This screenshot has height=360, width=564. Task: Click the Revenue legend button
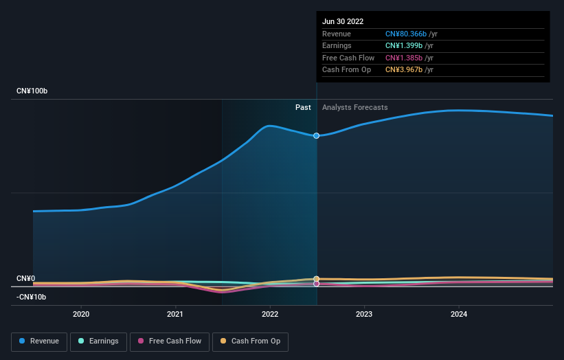(x=39, y=341)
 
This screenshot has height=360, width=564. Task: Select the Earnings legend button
(x=98, y=341)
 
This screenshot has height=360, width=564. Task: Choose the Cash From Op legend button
(x=251, y=341)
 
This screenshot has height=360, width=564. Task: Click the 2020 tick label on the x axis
(x=81, y=314)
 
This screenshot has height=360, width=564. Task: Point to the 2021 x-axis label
(x=175, y=314)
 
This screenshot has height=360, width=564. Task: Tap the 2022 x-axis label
(x=270, y=314)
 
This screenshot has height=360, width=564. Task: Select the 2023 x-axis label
(x=364, y=314)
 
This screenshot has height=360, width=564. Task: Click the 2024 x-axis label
(x=459, y=314)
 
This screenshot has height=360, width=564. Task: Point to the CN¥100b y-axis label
(x=32, y=91)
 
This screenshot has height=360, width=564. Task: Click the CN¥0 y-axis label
(x=26, y=278)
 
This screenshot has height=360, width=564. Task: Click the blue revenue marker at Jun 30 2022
(x=316, y=135)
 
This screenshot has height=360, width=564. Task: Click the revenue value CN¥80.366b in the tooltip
(x=405, y=34)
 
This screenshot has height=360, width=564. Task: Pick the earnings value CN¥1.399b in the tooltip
(x=403, y=46)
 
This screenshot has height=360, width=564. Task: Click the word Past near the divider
(x=303, y=107)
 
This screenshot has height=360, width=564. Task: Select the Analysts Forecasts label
(x=354, y=107)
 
